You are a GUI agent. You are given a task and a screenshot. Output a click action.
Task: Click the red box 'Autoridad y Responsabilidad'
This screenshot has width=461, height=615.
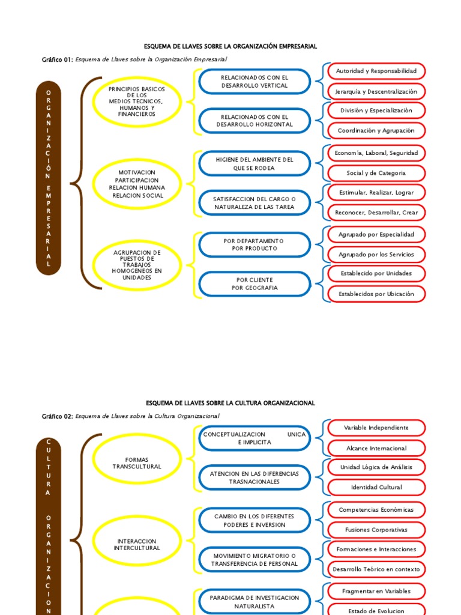click(x=376, y=71)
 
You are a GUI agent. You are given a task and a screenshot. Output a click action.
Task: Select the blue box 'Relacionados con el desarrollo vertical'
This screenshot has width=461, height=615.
click(x=255, y=82)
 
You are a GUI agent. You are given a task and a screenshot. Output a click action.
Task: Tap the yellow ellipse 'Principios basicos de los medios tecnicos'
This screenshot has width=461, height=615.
click(x=137, y=101)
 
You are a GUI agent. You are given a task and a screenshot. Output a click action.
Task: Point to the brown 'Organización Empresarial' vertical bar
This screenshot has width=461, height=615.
click(x=49, y=178)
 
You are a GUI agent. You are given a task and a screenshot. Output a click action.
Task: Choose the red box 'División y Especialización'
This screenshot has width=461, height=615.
click(x=376, y=111)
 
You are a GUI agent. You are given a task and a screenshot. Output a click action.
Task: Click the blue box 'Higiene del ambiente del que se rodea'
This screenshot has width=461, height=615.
click(x=255, y=164)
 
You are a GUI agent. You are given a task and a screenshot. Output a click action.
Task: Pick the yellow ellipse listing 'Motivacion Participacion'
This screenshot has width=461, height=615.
click(x=137, y=184)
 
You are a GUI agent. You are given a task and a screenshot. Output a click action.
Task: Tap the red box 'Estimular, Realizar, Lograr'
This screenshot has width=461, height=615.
click(x=376, y=193)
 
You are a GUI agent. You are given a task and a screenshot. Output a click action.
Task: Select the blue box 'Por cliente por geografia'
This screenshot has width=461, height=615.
click(x=255, y=284)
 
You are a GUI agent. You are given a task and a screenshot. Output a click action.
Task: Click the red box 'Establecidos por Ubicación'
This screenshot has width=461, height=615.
click(x=376, y=294)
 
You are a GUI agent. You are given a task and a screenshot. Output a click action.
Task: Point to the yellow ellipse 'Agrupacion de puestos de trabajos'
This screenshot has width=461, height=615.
click(x=137, y=265)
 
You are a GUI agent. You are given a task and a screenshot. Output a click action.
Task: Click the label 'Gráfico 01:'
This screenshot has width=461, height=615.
click(x=57, y=59)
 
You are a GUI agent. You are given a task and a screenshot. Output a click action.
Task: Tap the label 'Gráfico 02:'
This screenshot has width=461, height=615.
click(x=57, y=416)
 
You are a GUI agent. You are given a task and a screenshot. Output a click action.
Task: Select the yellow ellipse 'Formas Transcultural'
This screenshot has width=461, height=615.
click(x=137, y=463)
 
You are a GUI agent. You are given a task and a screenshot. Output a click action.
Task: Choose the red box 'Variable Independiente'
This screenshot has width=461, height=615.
click(x=376, y=428)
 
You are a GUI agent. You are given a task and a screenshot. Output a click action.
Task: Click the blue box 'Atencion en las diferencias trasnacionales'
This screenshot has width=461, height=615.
click(x=255, y=477)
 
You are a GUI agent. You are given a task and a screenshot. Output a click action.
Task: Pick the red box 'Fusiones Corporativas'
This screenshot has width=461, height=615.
click(x=376, y=530)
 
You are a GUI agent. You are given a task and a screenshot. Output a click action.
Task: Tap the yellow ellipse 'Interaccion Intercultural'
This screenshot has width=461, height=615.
click(x=137, y=545)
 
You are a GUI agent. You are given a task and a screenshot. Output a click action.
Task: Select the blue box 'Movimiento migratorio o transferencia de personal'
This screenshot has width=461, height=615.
click(x=255, y=560)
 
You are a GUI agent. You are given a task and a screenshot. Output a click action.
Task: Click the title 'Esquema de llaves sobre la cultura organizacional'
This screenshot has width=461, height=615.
click(x=230, y=403)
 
